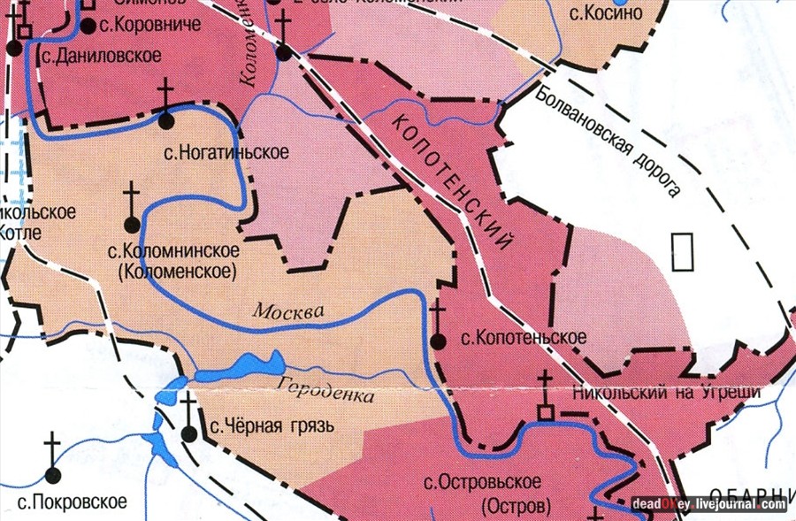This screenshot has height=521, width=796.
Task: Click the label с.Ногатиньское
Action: click(226, 152)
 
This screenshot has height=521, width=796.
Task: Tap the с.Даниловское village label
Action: click(100, 55)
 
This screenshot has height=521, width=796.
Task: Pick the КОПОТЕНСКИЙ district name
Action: click(451, 182)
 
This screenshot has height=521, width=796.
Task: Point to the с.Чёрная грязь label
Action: click(272, 427)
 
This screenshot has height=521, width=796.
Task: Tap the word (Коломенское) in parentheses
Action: click(177, 271)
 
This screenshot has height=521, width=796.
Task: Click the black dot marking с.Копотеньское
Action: click(438, 341)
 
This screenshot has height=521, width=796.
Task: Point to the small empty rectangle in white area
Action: click(682, 251)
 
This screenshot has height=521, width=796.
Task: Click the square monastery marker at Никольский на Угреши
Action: click(547, 413)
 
